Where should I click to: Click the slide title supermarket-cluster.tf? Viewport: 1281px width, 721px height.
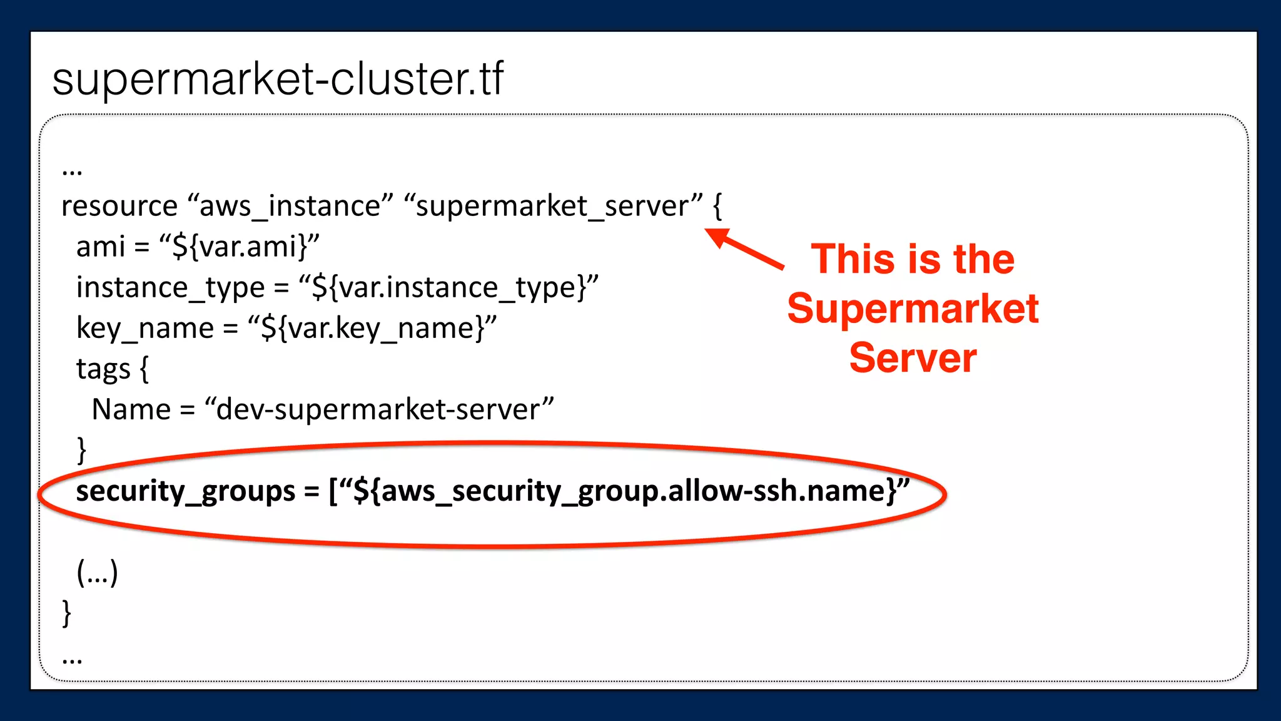278,79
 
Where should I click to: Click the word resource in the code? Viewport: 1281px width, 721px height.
119,206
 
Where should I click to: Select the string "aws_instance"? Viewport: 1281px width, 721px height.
290,206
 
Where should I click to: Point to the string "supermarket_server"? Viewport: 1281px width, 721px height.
554,206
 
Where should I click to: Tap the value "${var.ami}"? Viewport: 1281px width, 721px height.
240,247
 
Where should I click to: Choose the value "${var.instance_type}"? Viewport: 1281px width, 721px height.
448,287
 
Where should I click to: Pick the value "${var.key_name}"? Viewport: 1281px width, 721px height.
372,328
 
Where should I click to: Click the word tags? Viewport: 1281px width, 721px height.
103,369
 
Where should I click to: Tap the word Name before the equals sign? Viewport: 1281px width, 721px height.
131,409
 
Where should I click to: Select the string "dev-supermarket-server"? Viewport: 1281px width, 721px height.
379,409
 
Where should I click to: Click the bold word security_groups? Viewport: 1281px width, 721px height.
185,491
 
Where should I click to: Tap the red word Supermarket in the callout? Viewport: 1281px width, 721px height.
913,309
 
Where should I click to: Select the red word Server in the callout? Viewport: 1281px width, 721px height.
913,358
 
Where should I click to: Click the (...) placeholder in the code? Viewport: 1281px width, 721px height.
97,572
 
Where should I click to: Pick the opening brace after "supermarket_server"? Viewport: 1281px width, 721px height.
717,206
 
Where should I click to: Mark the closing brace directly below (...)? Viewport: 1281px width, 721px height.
67,613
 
